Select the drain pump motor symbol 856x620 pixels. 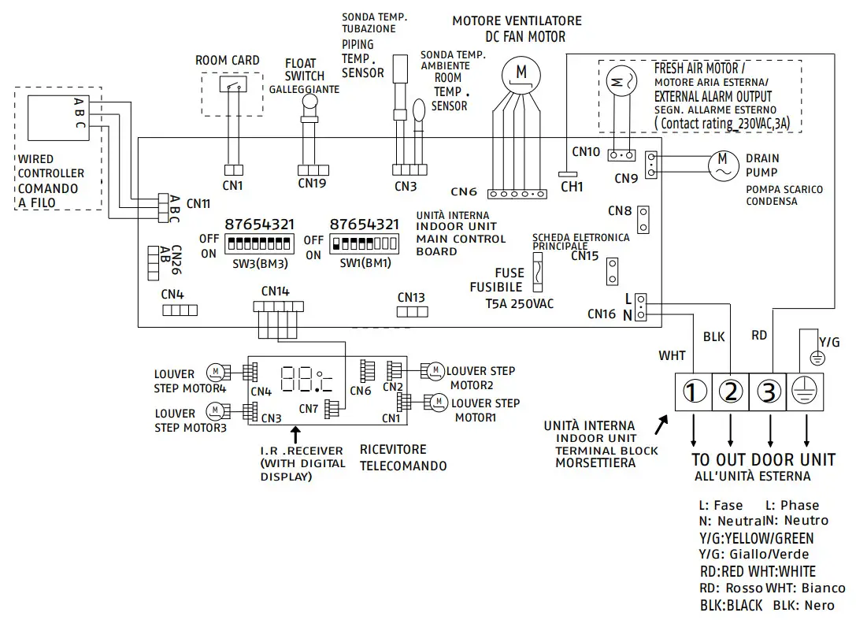[721, 163]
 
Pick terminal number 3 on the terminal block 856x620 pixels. [769, 391]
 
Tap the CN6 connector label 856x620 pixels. [464, 191]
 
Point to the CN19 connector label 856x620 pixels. [312, 184]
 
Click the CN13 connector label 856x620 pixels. [411, 297]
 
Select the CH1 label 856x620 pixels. [572, 187]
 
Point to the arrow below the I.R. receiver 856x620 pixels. [295, 433]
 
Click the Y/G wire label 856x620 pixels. [829, 341]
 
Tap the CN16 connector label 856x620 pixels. [601, 314]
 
